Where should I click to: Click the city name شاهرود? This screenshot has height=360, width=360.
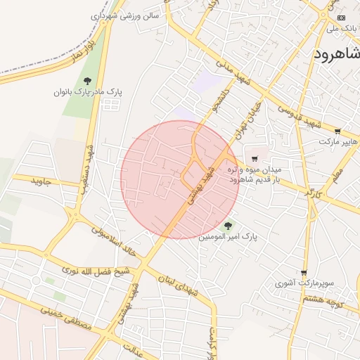337,55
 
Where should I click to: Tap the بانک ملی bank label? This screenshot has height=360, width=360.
342,28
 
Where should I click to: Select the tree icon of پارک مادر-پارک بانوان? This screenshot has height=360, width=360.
87,81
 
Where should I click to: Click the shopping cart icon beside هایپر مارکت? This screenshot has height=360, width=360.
337,131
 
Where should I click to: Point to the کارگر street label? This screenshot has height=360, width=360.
314,192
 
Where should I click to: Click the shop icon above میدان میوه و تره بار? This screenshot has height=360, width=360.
254,158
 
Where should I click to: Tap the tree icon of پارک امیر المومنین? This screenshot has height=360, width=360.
226,226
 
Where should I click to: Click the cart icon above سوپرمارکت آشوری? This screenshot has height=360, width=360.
303,273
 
